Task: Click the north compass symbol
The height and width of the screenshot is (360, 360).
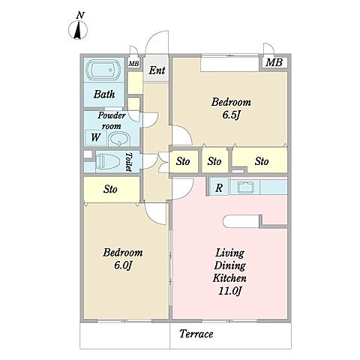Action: (x=78, y=30)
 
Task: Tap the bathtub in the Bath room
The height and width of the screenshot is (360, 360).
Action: (x=103, y=70)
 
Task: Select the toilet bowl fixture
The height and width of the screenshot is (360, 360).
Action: (x=109, y=162)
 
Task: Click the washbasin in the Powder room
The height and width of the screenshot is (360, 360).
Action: (x=119, y=139)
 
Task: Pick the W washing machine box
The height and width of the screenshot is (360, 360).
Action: (x=96, y=137)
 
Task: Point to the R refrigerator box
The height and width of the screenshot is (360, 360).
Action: (x=219, y=187)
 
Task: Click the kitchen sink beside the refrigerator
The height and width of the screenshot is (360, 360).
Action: (x=245, y=187)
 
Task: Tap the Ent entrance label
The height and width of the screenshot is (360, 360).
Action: (x=157, y=70)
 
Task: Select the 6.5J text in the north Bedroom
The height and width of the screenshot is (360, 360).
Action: (x=231, y=115)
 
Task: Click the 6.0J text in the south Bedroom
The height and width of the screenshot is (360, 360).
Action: (x=123, y=265)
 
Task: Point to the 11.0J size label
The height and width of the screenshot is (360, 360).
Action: (x=229, y=291)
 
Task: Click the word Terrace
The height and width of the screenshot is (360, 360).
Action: (x=196, y=334)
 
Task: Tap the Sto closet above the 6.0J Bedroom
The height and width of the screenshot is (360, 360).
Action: (x=111, y=189)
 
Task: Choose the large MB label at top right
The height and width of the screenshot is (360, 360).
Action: (x=274, y=62)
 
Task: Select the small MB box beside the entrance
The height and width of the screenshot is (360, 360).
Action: (x=133, y=64)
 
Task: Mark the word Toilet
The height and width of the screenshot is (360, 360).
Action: (x=129, y=162)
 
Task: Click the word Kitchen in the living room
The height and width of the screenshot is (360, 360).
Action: (x=229, y=278)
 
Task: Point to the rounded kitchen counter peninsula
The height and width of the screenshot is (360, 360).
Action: (x=241, y=221)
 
